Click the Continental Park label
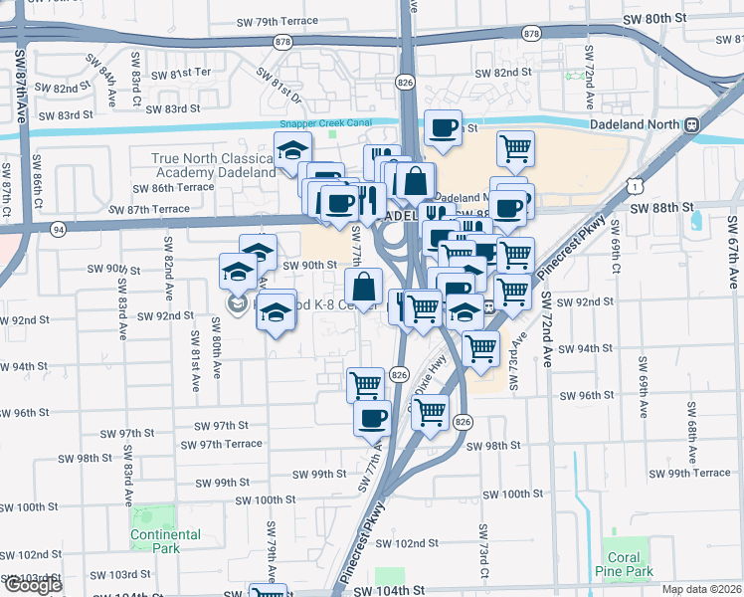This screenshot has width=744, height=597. pyautogui.click(x=165, y=541)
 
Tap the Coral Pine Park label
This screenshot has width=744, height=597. pyautogui.click(x=625, y=564)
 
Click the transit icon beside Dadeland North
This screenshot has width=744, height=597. pyautogui.click(x=690, y=126)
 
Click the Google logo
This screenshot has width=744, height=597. pyautogui.click(x=32, y=585)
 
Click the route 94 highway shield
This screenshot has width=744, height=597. pyautogui.click(x=59, y=229)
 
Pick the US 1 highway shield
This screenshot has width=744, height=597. pyautogui.click(x=634, y=185)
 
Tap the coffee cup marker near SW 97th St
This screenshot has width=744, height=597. pyautogui.click(x=372, y=417)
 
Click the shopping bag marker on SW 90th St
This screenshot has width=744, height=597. pyautogui.click(x=365, y=287)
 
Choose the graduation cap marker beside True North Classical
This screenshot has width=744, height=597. pyautogui.click(x=292, y=150)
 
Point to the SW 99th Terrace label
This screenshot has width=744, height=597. pyautogui.click(x=699, y=473)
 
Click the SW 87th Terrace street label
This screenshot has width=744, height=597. pyautogui.click(x=149, y=210)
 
